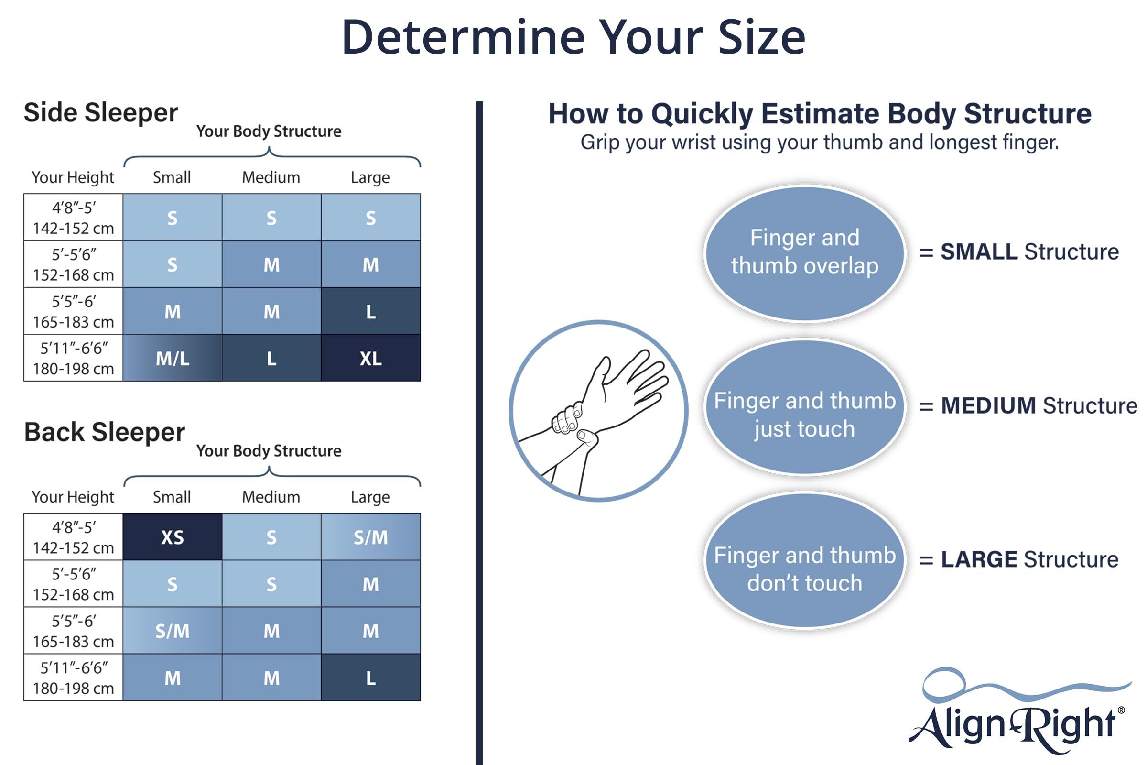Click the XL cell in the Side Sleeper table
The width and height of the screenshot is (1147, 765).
(371, 358)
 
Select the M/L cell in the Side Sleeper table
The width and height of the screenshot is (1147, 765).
(172, 358)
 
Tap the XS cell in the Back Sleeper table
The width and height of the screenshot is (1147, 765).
(172, 536)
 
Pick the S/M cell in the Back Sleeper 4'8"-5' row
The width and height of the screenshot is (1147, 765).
(371, 536)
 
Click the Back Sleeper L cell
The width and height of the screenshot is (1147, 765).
(371, 678)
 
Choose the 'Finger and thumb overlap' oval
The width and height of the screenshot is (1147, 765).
(805, 253)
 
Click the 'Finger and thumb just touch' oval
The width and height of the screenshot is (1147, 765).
(805, 407)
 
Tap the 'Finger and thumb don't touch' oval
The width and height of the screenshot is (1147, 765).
(805, 561)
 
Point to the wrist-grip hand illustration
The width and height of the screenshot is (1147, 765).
(598, 411)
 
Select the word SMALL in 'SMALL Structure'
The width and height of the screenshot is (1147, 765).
(979, 252)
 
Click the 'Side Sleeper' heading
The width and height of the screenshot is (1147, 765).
(101, 113)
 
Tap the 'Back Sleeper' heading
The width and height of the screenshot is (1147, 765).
(104, 432)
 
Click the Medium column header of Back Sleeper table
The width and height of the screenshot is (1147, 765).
(271, 497)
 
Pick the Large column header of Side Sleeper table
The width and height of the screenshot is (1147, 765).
(370, 177)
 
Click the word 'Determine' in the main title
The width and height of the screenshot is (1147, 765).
(463, 37)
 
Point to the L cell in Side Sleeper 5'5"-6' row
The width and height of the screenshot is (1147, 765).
(371, 311)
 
